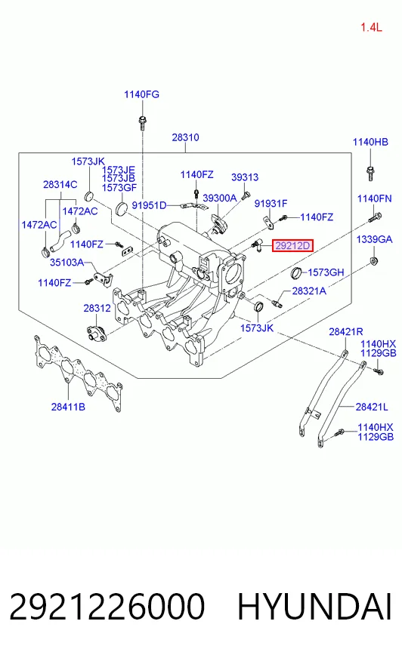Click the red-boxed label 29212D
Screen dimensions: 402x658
[x=292, y=245]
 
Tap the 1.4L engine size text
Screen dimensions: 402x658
[x=371, y=28]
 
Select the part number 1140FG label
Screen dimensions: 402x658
[x=141, y=94]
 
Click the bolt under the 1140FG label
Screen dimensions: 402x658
[x=142, y=121]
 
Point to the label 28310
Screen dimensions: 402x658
[x=185, y=137]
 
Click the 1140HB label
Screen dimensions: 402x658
[x=370, y=142]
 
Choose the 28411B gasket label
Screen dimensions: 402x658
[x=68, y=407]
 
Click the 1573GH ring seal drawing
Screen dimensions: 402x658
[x=296, y=272]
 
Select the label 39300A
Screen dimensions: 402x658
[x=220, y=198]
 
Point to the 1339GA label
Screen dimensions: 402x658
[x=374, y=239]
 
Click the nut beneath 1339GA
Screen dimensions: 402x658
[x=374, y=260]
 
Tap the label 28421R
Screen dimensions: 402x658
[x=346, y=331]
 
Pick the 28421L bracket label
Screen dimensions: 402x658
[x=372, y=407]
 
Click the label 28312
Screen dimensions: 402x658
[x=97, y=308]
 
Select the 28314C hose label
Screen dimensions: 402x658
[x=60, y=184]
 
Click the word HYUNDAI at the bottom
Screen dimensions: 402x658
[x=314, y=607]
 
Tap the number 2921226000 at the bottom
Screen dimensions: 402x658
[x=107, y=607]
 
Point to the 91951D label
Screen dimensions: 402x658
[x=149, y=205]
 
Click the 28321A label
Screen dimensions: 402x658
[x=309, y=291]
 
